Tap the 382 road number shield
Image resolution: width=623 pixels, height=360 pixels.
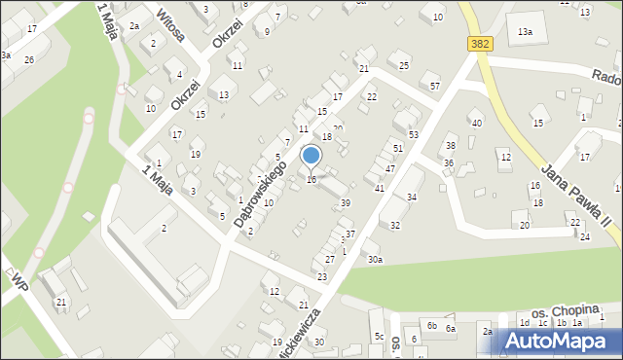pyautogui.click(x=480, y=44)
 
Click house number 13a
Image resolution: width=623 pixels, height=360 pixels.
pyautogui.click(x=525, y=32)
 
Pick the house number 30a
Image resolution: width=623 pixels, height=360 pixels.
pyautogui.click(x=374, y=259)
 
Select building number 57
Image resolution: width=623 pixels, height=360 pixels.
pyautogui.click(x=435, y=87)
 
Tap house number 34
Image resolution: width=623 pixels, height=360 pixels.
pyautogui.click(x=412, y=198)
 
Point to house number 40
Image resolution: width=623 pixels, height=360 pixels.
pyautogui.click(x=476, y=123)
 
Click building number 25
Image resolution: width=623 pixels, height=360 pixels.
pyautogui.click(x=404, y=65)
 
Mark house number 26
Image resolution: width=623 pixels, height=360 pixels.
pyautogui.click(x=29, y=60)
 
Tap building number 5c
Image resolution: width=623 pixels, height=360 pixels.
pyautogui.click(x=380, y=337)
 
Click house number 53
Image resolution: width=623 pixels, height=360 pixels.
pyautogui.click(x=413, y=134)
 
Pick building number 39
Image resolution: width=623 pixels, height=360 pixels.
pyautogui.click(x=346, y=202)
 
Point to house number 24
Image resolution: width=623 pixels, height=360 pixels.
pyautogui.click(x=584, y=236)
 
